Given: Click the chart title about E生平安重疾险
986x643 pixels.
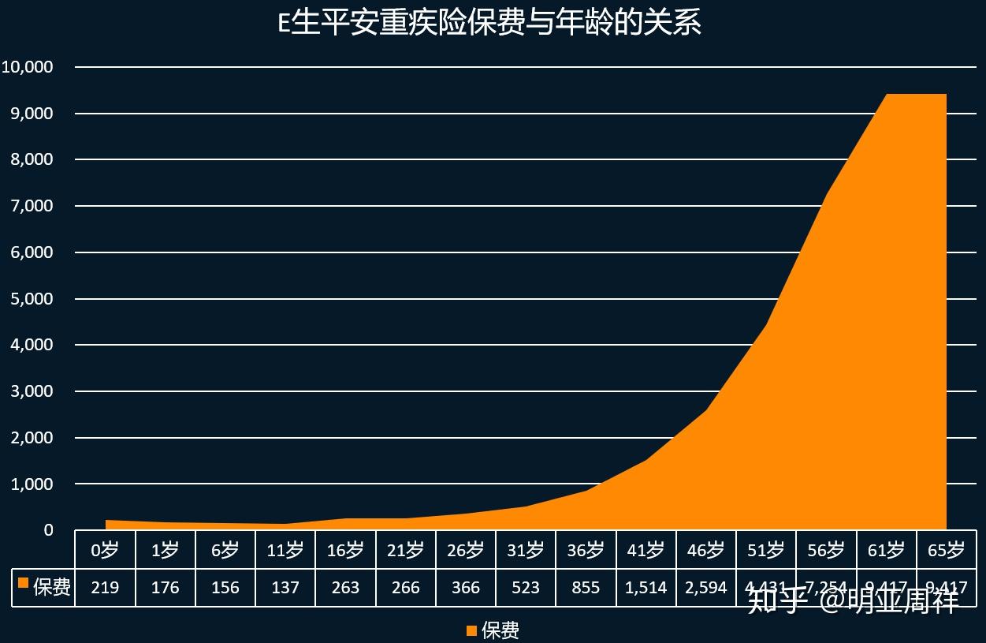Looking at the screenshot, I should [489, 23].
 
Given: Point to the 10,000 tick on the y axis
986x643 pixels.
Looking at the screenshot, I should [28, 67].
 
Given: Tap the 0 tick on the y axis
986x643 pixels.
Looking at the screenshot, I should [48, 530].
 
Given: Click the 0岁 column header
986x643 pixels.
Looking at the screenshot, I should [105, 550].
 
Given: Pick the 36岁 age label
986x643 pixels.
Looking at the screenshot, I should [586, 550].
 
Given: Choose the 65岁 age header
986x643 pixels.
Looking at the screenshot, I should [946, 550].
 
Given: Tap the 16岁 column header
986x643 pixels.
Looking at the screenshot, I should [345, 550].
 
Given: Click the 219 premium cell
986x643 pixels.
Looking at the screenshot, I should [105, 588].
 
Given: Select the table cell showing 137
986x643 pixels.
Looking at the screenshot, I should [285, 588].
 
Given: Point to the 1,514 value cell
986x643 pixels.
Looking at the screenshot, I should [646, 588].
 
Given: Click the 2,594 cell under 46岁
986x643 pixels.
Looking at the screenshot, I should [706, 588].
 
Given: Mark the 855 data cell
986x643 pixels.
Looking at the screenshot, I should [586, 588].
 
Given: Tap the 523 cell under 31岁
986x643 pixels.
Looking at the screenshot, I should [526, 588].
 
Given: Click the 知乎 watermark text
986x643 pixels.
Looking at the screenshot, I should [776, 601].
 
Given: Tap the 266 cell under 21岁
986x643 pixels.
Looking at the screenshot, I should [405, 588].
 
